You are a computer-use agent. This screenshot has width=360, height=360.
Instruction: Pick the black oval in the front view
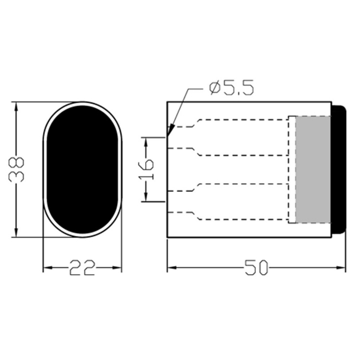[82, 170]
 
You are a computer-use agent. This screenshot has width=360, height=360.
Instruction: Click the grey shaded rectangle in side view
[315, 169]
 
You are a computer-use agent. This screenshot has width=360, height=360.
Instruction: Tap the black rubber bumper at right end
[339, 169]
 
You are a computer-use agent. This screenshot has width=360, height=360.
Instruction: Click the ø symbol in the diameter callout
[213, 90]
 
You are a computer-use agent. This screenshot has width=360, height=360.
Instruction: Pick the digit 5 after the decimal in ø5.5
[247, 89]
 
